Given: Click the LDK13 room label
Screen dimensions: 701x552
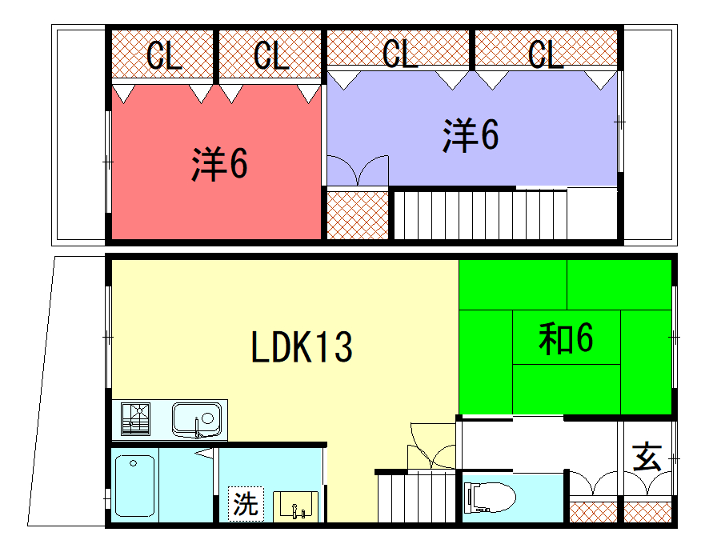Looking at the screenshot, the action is tap(302, 346).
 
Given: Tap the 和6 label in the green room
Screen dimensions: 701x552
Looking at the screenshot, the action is tap(566, 338).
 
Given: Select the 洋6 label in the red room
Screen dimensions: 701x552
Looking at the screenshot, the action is tap(219, 164).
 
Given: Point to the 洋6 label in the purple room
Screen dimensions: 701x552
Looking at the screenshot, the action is tap(471, 135).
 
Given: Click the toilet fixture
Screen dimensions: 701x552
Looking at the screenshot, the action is tap(490, 498).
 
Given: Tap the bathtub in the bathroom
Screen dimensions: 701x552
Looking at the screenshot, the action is tap(134, 486).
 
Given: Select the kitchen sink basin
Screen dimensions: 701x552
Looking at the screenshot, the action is tap(197, 420).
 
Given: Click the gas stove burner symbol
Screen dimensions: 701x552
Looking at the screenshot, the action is tap(135, 419).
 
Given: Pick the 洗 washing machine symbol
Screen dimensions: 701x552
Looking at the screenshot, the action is tap(246, 504).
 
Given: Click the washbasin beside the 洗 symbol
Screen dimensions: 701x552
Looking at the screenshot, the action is tap(295, 506).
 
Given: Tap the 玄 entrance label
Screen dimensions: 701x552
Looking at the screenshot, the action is tap(647, 458).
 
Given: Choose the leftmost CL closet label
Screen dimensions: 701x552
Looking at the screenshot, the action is tap(163, 55).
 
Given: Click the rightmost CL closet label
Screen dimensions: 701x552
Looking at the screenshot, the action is tap(546, 54).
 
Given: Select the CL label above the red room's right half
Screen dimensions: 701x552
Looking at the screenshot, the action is tap(271, 55).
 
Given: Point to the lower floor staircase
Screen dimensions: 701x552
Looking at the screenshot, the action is tap(417, 496).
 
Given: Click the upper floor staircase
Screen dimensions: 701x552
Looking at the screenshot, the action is tap(481, 215).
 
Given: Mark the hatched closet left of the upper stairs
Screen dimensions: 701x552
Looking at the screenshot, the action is tap(358, 215).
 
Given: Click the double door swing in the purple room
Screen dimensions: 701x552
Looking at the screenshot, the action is tap(358, 170).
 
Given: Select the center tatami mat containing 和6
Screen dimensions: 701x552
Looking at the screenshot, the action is tap(567, 338).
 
